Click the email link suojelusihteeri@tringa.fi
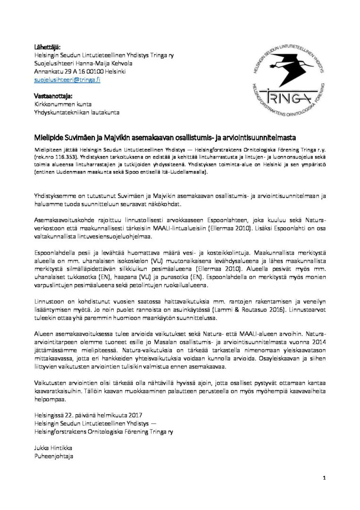coord(67,80)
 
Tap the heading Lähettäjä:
coord(47,46)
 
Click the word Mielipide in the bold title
coord(49,138)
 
